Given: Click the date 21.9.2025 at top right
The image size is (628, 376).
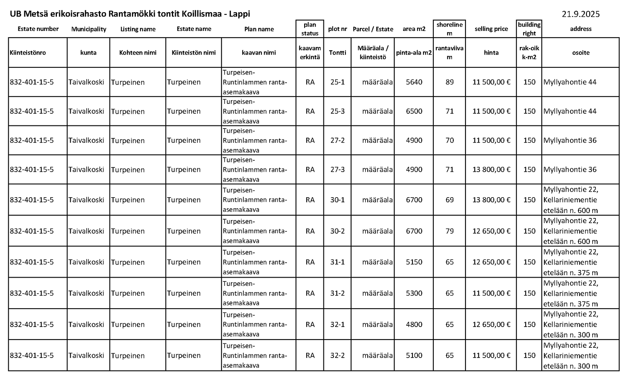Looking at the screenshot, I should pos(581,15).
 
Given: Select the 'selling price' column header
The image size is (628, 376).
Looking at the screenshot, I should pos(491,29).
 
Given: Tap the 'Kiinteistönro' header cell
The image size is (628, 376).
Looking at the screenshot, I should pos(28,53).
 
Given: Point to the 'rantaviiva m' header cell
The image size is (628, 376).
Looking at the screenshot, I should pos(449,53).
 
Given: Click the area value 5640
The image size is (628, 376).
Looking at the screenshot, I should pos(414,82).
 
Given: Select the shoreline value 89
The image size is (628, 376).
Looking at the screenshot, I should pos(449,82).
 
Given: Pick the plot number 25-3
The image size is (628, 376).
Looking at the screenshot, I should pos(338,111).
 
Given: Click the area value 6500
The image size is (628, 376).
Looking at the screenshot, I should pos(414,111).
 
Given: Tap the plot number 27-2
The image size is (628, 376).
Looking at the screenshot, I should pos(338,140).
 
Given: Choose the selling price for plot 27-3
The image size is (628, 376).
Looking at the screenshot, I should pos(491,170).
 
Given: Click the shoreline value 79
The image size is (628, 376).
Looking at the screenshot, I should pos(449,231).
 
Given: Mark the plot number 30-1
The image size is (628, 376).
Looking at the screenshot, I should pos(338,200).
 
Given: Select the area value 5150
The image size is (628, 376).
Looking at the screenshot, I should pos(414,262).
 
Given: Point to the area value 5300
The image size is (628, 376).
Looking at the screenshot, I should pos(414,293).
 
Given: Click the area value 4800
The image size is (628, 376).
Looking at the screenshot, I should pos(414,325).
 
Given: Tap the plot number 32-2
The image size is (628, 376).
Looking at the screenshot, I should pos(338,356).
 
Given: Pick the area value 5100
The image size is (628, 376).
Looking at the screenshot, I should pos(414,356).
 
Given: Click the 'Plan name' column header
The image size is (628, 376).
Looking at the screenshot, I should pos(259,29).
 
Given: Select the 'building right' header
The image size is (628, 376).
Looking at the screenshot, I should pos(529,29).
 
